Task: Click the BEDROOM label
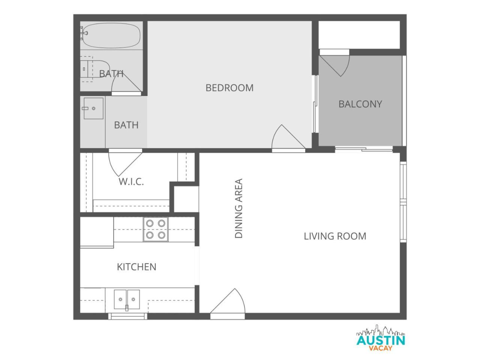coord(229,88)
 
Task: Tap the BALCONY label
coord(360,104)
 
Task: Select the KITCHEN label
coord(136,267)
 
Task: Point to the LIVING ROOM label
coord(335,236)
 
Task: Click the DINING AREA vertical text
coord(238,208)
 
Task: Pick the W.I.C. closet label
coord(131,181)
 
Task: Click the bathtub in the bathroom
coord(111,35)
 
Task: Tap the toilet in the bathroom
coord(95,69)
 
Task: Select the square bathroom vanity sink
coord(93,108)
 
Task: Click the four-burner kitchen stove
coord(156,229)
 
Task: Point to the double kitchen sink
coord(127,300)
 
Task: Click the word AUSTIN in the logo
coord(381,340)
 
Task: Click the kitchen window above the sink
coord(128,316)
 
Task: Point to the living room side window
coord(403,202)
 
